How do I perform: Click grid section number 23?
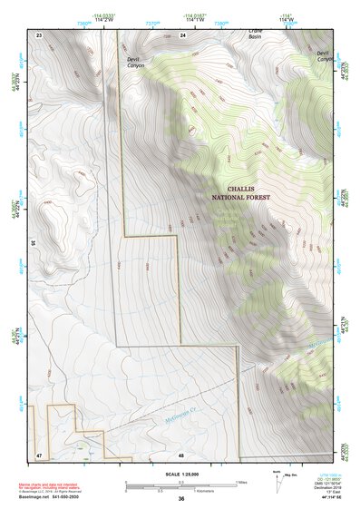pos(40,34)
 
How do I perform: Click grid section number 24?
pos(182,34)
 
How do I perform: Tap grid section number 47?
pos(40,453)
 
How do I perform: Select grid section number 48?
pos(181,453)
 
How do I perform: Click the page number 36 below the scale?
pos(181,499)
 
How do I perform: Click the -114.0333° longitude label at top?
pos(115,15)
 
